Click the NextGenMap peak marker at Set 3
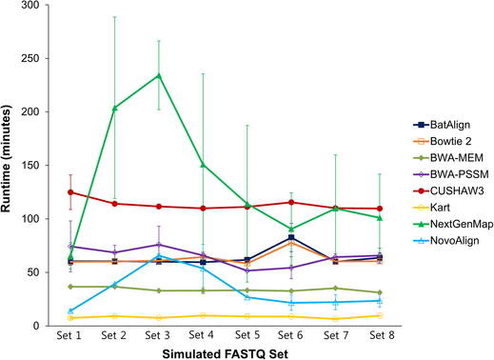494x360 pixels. (159, 75)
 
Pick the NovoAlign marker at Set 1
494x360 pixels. (70, 310)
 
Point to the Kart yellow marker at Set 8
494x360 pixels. (380, 315)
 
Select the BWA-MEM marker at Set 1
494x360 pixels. (70, 287)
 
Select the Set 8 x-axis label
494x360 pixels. (380, 335)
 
